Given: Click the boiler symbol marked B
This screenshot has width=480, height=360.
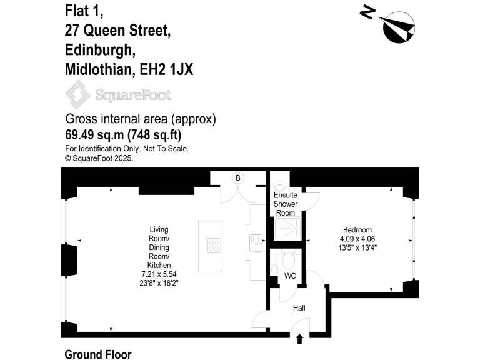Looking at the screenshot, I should click(x=237, y=178).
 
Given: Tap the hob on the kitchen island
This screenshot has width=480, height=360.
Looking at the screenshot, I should click(x=214, y=245).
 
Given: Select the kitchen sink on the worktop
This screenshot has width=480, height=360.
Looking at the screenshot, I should click(x=256, y=242).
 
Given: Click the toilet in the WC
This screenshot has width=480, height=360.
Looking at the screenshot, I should click(x=288, y=259).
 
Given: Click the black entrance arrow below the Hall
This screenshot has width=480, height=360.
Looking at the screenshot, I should click(x=299, y=339).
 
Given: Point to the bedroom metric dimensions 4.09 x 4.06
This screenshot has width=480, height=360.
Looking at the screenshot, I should click(x=357, y=239).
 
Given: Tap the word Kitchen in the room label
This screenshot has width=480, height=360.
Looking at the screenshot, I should click(x=159, y=266).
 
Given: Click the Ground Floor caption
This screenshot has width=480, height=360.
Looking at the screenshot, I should click(x=98, y=354).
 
